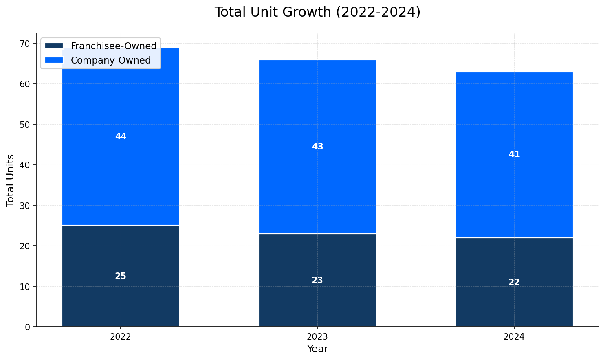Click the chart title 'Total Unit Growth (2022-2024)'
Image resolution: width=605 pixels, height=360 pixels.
point(317,12)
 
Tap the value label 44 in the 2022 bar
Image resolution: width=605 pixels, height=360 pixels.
point(121,136)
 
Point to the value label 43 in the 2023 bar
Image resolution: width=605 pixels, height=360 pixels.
point(317,147)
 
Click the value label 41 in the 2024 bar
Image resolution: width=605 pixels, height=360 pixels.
point(514,154)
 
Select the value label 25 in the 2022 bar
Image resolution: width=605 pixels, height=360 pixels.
point(121,276)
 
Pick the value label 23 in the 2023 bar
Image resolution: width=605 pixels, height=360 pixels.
point(317,280)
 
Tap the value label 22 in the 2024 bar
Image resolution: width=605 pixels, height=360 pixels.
point(514,282)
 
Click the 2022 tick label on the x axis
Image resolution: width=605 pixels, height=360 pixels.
point(121,337)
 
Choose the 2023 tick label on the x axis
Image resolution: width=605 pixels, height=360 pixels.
point(317,337)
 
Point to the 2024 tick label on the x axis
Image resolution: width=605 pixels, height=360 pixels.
point(514,337)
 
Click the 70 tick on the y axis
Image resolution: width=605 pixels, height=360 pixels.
point(25,44)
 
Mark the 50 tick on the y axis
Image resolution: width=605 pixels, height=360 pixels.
point(25,125)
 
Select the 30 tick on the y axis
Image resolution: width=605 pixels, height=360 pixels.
point(25,206)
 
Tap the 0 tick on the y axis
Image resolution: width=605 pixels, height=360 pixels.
point(28,327)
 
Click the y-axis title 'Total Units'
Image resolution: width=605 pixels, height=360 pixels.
point(11,180)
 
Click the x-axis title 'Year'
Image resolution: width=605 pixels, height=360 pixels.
point(317,349)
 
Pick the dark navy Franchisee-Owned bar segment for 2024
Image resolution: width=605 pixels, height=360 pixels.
point(514,301)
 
